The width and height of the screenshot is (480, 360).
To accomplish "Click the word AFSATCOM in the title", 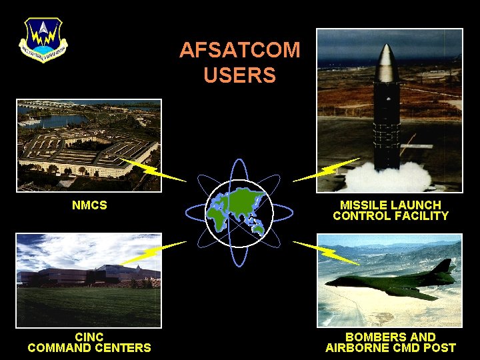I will (239, 50).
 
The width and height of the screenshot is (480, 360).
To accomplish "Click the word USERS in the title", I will (239, 75).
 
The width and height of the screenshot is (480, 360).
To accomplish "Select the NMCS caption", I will (89, 205).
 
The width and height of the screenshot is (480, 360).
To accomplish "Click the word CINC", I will (89, 337).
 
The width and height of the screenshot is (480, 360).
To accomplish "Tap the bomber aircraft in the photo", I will (393, 280).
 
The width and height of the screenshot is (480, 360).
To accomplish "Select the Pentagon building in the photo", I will (87, 150).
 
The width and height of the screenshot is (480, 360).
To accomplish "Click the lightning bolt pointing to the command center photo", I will (152, 252).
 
